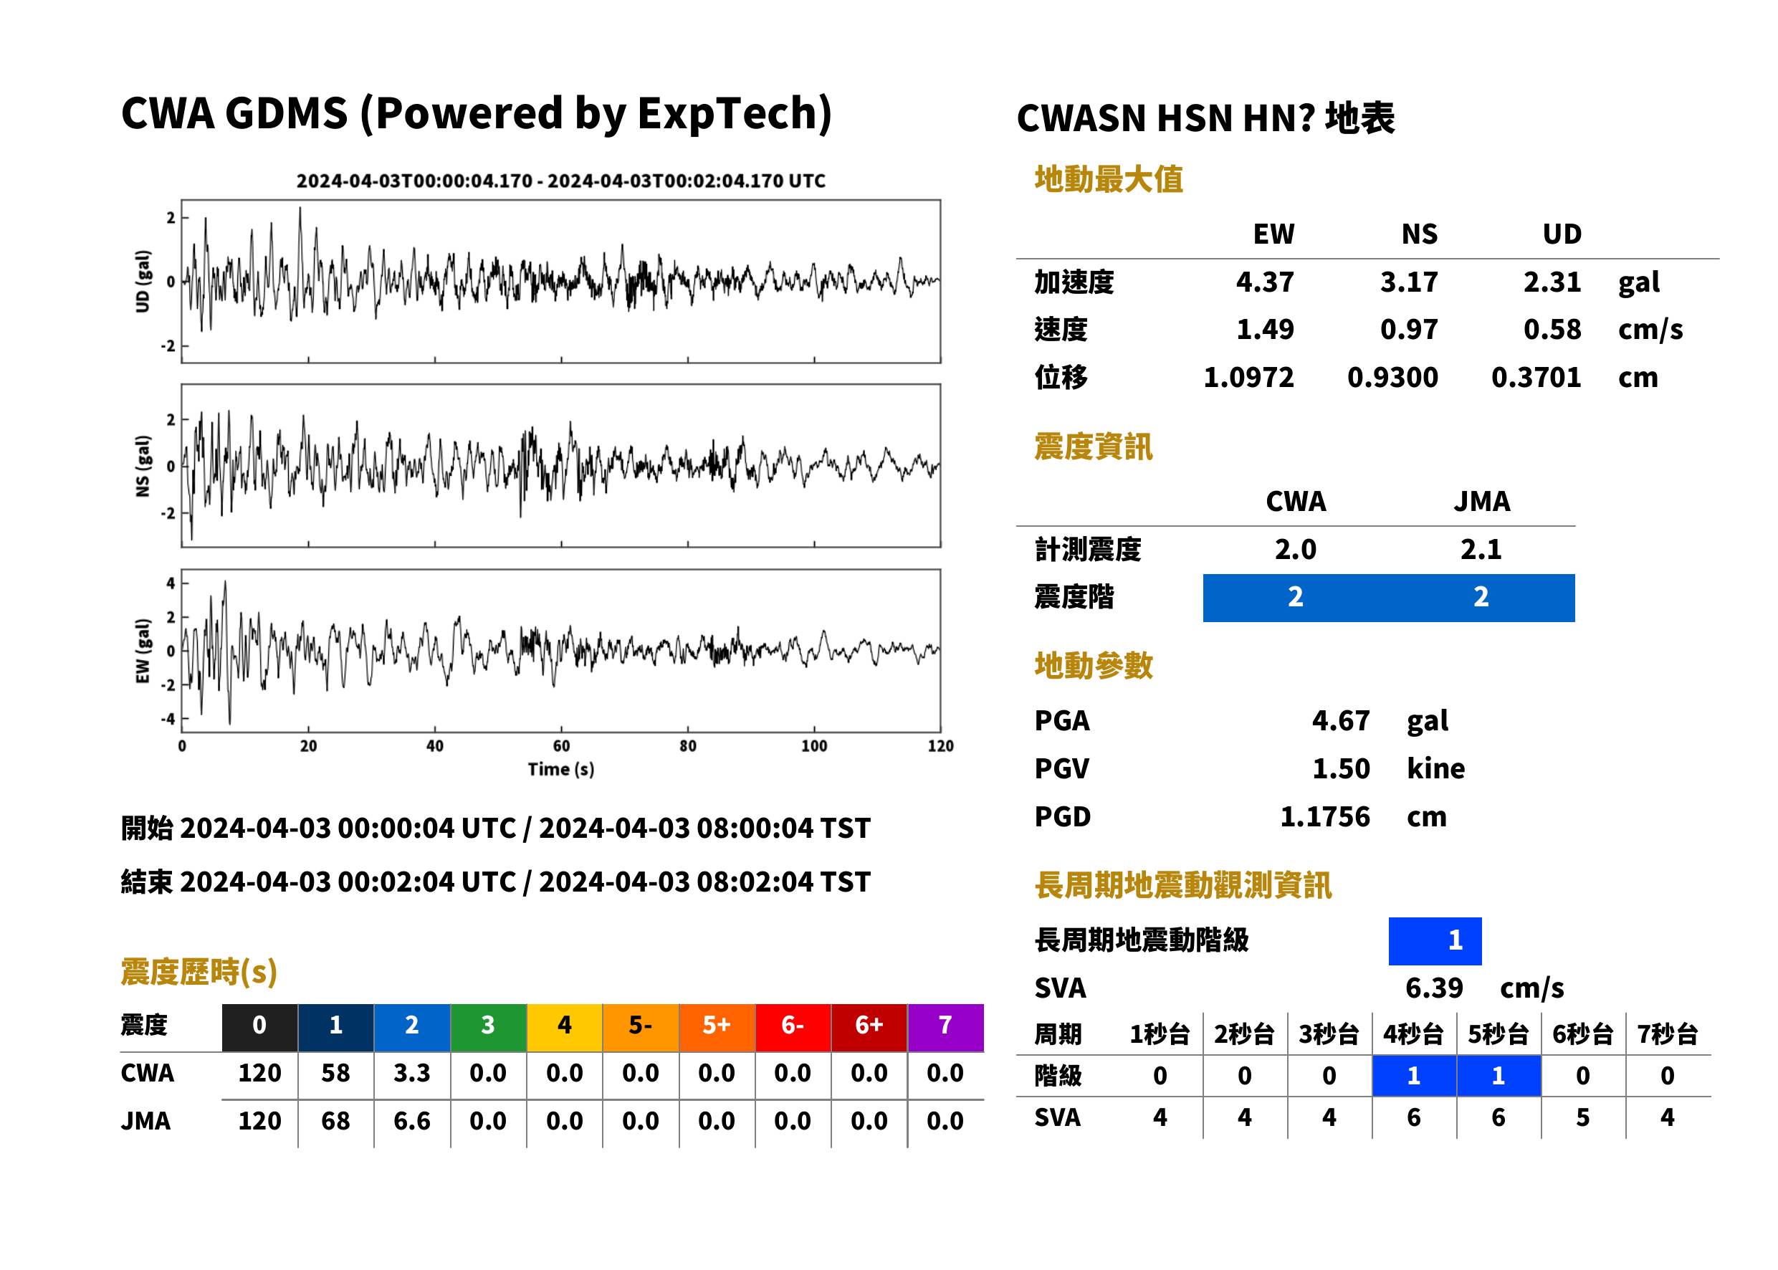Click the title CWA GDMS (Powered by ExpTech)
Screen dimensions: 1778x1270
pos(476,114)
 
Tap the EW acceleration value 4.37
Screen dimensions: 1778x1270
pos(1264,282)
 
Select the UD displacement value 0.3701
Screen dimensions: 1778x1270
pos(1536,377)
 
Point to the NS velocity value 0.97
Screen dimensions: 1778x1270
pos(1408,329)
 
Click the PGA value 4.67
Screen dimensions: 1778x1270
pos(1340,720)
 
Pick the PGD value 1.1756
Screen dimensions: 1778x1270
pos(1324,816)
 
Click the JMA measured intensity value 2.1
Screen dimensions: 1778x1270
pos(1481,549)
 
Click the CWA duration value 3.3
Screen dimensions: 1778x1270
pos(412,1073)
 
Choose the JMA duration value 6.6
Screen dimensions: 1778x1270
pos(412,1121)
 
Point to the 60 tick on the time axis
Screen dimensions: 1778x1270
pos(561,745)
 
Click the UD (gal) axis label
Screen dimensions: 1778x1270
pos(143,282)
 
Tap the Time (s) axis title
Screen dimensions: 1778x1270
pos(560,770)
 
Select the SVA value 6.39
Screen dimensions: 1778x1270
pos(1434,988)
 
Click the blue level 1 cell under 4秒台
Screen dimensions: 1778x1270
pos(1414,1076)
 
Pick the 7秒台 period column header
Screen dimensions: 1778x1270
pos(1667,1033)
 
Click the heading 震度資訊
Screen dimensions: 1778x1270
pos(1093,447)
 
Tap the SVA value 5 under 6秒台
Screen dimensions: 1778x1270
pos(1582,1117)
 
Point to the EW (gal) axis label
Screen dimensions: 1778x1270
pos(143,651)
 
